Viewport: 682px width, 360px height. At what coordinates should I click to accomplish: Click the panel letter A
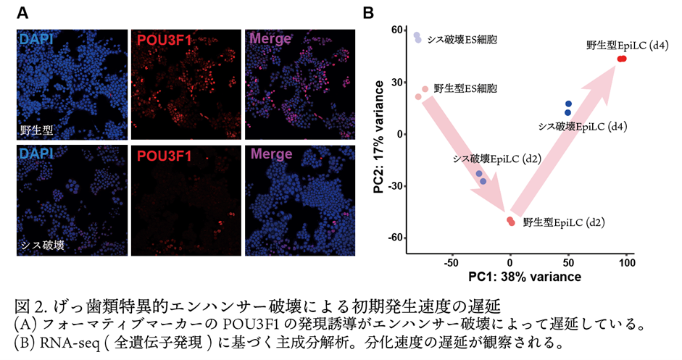pos(22,13)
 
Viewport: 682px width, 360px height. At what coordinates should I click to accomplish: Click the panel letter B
pos(368,13)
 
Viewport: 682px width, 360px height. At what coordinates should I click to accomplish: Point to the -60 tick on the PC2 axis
pos(396,238)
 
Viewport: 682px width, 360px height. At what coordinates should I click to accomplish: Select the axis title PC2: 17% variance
pos(378,136)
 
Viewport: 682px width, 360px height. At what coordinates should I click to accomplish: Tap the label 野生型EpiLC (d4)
pos(628,45)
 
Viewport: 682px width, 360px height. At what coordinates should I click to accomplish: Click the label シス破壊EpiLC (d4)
pos(582,126)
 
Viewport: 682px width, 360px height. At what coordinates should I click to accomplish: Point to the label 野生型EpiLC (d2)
pos(564,222)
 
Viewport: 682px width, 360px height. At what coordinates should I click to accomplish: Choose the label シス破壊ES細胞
pos(463,40)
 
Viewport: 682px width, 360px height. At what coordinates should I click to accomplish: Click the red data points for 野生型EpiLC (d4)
pos(622,59)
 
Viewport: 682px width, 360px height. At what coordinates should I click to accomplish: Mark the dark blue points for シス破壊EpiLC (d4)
pos(568,108)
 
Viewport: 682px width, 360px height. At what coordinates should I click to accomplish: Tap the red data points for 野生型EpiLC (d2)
pos(511,221)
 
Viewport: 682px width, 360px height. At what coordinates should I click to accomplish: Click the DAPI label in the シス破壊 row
pos(36,155)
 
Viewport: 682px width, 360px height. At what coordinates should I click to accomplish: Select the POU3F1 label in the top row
pos(165,40)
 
